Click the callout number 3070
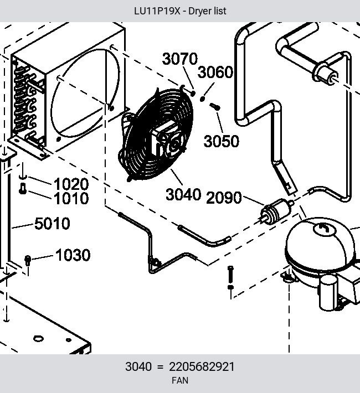click(180, 59)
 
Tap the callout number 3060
click(215, 72)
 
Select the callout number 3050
click(222, 141)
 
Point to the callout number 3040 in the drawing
click(183, 194)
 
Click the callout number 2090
click(224, 197)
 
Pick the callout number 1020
click(71, 184)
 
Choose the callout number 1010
click(71, 198)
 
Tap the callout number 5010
click(52, 223)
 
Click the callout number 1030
click(73, 255)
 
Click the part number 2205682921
click(202, 366)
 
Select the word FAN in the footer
click(180, 380)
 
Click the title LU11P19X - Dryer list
click(180, 11)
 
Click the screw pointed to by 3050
click(215, 107)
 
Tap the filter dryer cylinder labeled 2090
click(276, 210)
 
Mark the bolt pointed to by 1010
click(23, 189)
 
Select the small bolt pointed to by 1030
click(28, 260)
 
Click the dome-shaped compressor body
click(320, 246)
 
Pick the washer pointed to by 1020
click(23, 177)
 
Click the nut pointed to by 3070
click(193, 94)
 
